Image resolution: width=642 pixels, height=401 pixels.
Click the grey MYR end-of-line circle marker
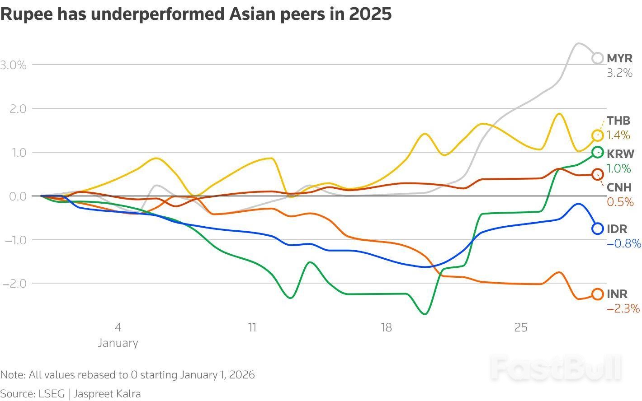click(x=597, y=58)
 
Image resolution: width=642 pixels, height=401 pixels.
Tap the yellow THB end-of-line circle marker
click(x=597, y=135)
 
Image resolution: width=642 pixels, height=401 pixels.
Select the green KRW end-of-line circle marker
click(x=597, y=152)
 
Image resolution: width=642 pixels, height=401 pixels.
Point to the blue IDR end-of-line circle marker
click(x=597, y=228)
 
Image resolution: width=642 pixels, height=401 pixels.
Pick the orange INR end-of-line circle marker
click(x=597, y=294)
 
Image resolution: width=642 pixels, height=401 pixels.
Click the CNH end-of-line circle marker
click(x=597, y=174)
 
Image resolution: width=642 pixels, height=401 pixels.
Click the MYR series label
click(x=619, y=58)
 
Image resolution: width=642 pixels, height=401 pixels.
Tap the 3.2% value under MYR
click(x=619, y=73)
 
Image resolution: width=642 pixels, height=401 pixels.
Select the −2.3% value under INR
click(x=623, y=308)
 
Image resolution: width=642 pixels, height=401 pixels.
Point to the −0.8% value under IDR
click(x=624, y=243)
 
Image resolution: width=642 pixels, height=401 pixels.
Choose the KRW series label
click(x=620, y=154)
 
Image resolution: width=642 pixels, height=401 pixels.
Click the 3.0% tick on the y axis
click(x=14, y=65)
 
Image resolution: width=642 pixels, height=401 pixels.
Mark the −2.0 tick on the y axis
click(x=15, y=284)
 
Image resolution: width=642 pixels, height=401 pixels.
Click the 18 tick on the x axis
click(x=386, y=327)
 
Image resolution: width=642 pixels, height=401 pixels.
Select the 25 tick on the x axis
click(x=520, y=327)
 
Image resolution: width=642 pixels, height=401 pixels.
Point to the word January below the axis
click(x=118, y=343)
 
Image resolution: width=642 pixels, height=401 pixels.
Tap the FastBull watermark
click(x=556, y=368)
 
